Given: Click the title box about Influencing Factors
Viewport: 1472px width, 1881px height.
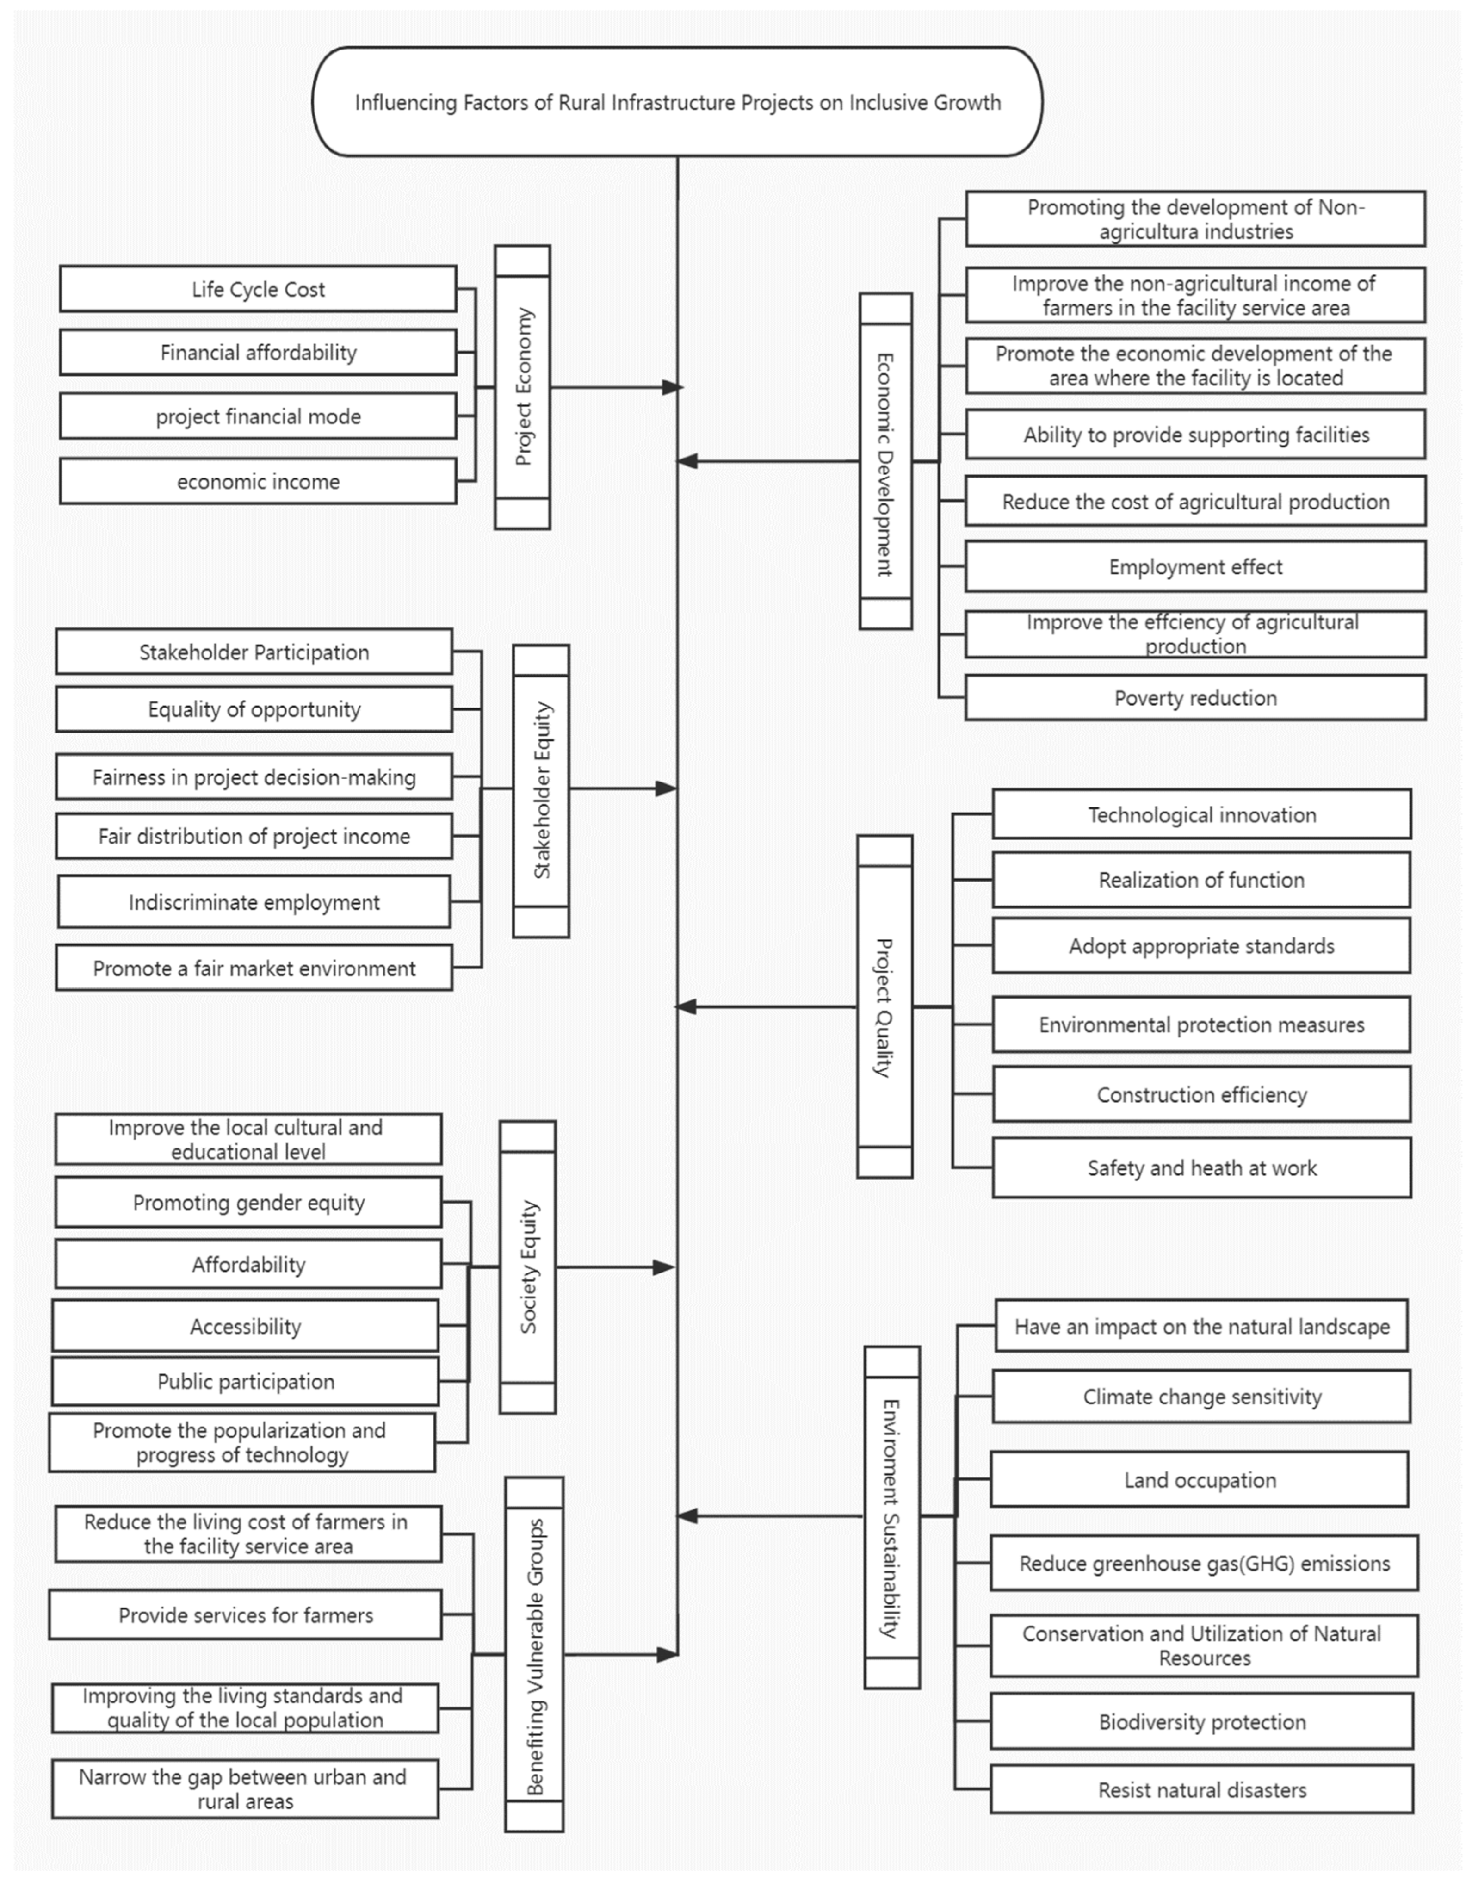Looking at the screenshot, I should [677, 102].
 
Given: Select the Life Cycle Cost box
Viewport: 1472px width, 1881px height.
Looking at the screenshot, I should [258, 289].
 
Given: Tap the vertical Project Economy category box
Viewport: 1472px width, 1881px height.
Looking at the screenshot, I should [522, 387].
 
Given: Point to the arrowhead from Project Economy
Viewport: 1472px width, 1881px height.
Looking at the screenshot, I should [671, 387].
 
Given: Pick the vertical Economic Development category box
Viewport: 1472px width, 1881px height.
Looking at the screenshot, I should [885, 461].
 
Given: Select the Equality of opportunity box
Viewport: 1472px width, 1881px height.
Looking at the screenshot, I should [254, 708].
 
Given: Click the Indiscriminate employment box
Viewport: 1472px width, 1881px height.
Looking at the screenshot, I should [254, 902].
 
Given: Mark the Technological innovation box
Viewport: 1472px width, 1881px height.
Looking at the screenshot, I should [1201, 814].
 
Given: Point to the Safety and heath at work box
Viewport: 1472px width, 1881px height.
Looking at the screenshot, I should [1201, 1167].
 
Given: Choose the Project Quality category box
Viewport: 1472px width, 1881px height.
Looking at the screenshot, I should [884, 1006].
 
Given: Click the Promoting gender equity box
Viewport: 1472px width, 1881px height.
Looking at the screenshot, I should [248, 1202].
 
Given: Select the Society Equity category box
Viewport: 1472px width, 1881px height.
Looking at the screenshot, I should [527, 1267].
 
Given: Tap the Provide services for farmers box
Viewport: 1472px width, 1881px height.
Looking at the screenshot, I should [246, 1614].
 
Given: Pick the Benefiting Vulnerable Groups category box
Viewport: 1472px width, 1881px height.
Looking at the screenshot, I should [534, 1654].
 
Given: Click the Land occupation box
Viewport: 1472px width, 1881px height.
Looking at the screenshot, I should [1200, 1479].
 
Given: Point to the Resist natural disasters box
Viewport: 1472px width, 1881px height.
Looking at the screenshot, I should [1201, 1790].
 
